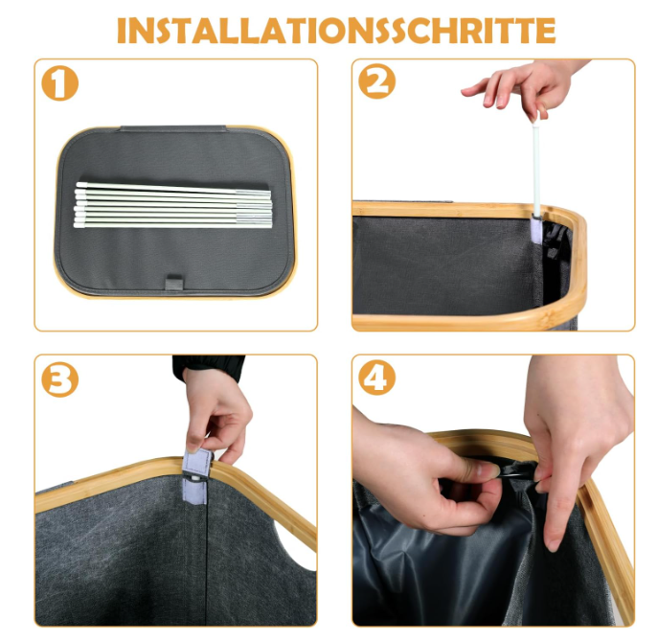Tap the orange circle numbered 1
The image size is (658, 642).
60,84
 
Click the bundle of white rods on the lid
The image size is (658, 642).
172,204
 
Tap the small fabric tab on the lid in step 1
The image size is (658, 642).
172,282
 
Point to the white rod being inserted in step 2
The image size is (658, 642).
537,163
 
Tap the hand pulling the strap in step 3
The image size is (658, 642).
216,412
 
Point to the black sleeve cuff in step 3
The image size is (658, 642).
207,364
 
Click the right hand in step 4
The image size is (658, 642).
575,431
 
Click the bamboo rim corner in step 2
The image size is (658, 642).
571,230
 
